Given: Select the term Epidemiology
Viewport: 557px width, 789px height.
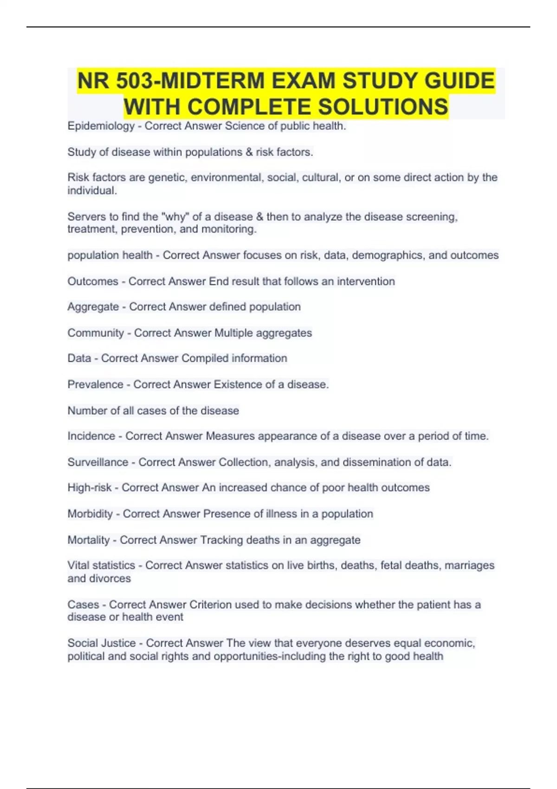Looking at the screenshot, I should point(101,126).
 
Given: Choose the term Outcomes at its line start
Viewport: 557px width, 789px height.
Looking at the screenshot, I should point(93,281).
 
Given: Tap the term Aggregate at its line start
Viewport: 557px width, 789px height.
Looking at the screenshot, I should point(93,307).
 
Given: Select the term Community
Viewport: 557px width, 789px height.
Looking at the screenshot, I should point(96,333).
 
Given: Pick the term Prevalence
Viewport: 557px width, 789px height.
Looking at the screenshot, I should point(95,384).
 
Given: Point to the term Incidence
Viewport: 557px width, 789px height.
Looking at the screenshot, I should point(91,436).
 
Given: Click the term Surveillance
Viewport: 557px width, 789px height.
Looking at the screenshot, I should point(97,462).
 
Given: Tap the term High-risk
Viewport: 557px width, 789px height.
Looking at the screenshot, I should point(89,488).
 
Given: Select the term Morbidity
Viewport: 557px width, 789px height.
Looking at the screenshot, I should point(90,514).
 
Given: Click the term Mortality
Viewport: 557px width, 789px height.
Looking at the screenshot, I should point(88,540).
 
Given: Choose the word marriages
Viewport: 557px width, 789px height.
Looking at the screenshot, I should point(469,565).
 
